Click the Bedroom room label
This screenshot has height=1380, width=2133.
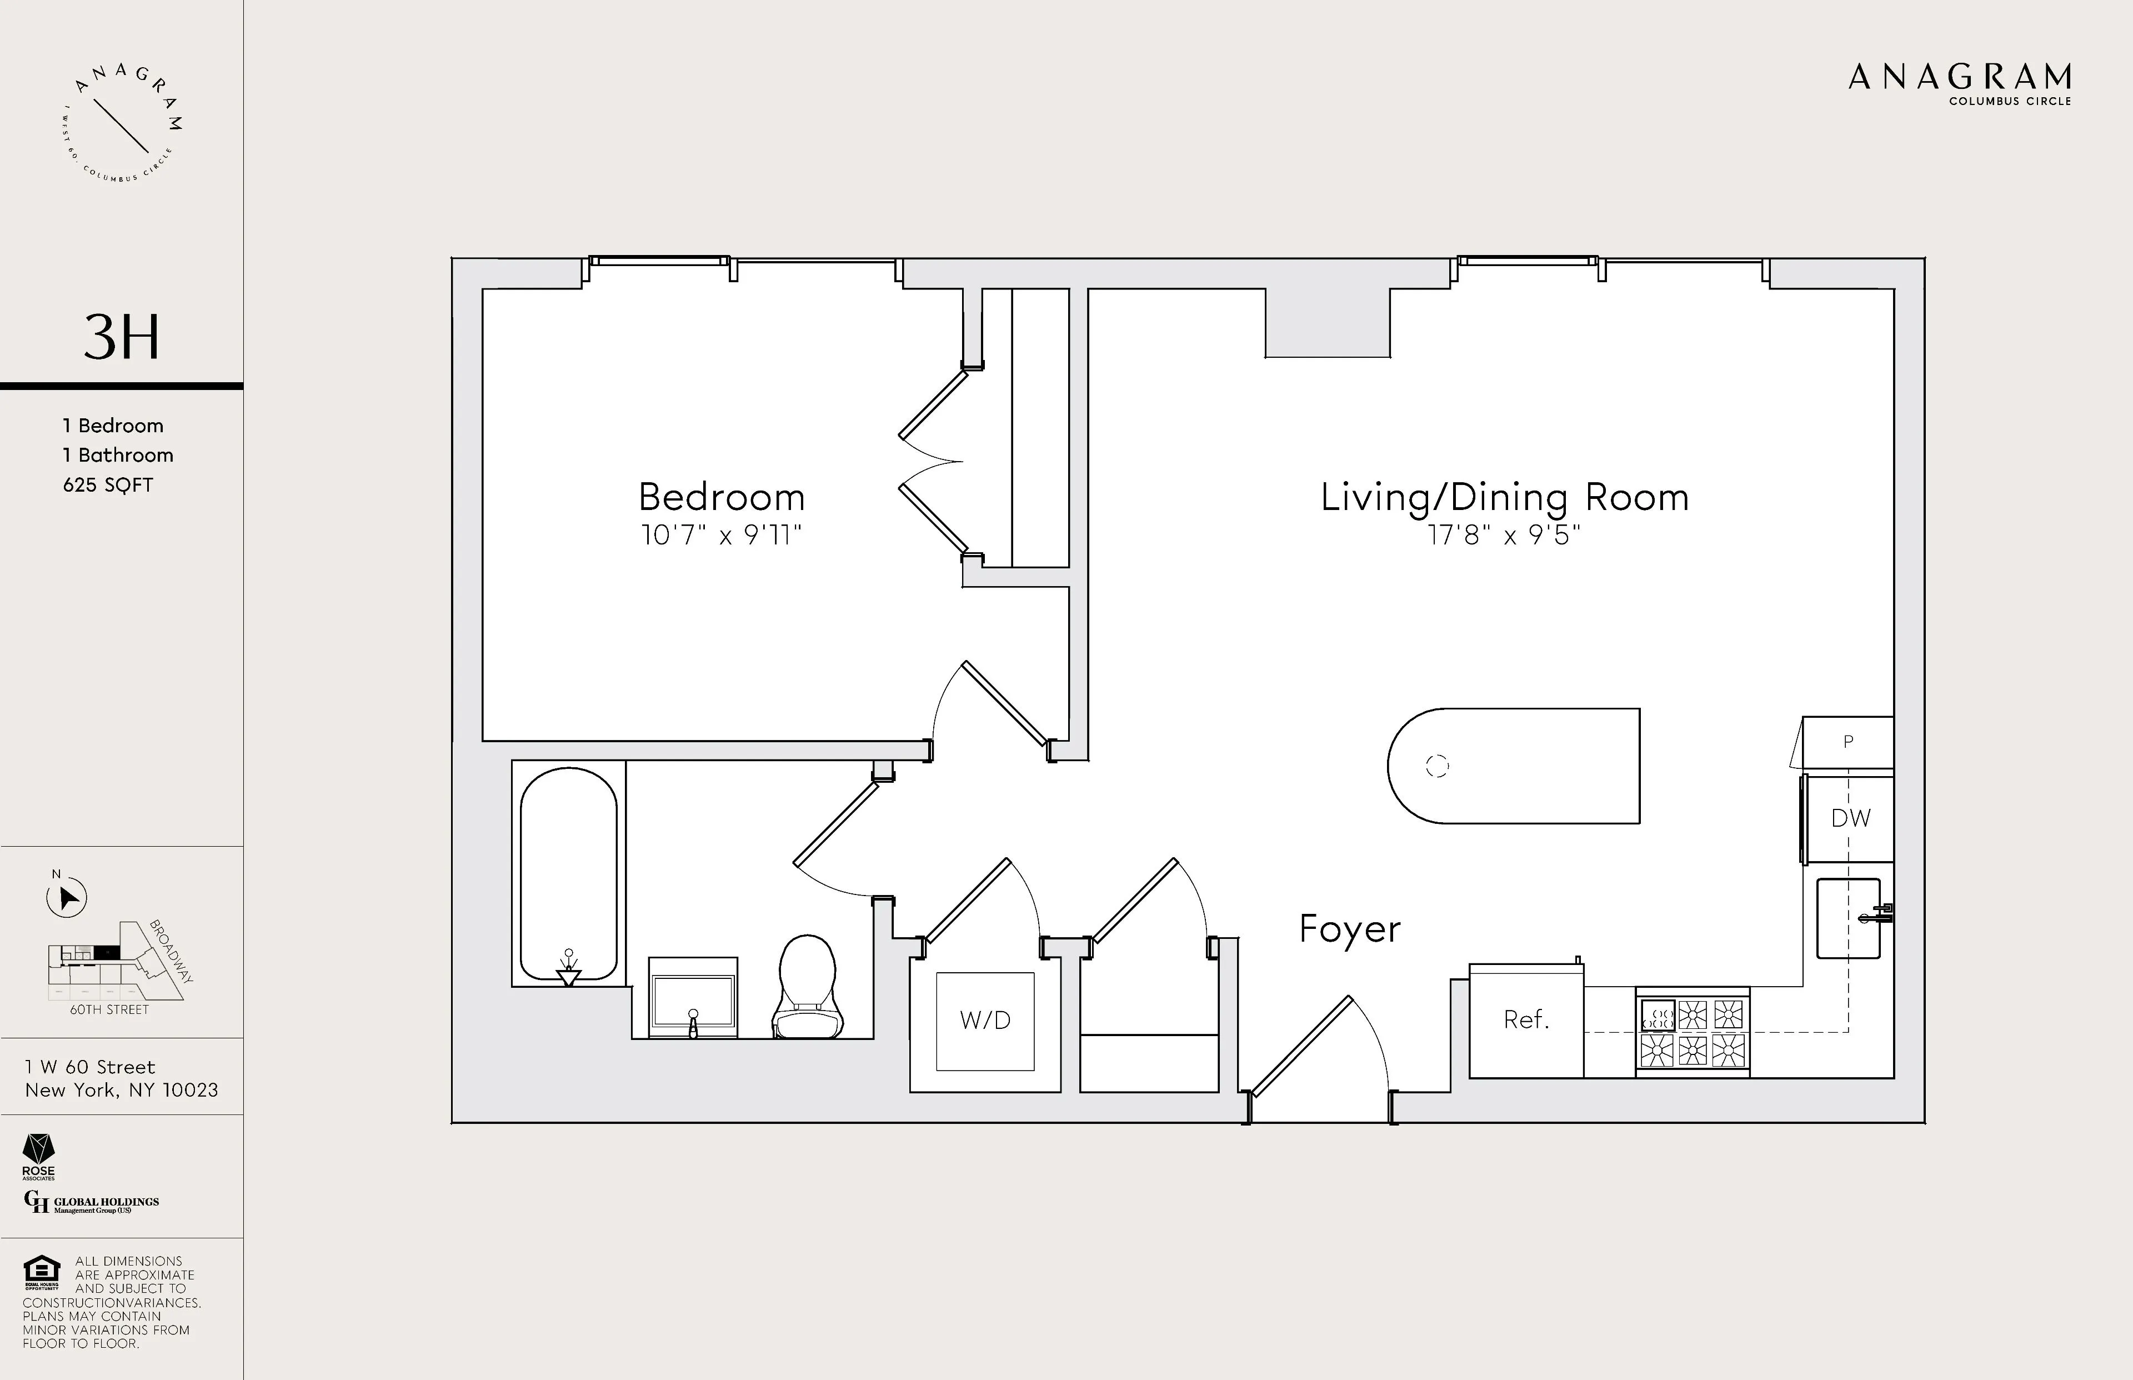point(721,497)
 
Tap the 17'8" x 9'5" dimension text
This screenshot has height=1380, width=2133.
point(1504,536)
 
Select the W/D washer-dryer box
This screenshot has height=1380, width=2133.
point(984,1021)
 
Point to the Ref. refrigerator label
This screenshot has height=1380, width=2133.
point(1526,1020)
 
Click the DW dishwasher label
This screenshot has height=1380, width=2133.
point(1850,818)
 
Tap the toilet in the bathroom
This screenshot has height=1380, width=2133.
point(808,988)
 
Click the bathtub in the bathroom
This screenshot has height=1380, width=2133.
point(568,874)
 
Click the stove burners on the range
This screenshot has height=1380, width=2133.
point(1693,1032)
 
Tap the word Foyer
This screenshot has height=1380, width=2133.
point(1349,930)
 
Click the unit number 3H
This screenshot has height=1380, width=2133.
point(122,337)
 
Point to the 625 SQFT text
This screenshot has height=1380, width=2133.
point(108,485)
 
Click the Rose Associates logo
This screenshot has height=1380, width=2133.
point(38,1157)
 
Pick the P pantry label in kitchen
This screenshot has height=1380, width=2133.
point(1847,742)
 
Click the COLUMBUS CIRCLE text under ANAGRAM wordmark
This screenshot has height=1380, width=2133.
point(2009,101)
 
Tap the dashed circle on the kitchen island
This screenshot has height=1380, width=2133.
point(1437,766)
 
